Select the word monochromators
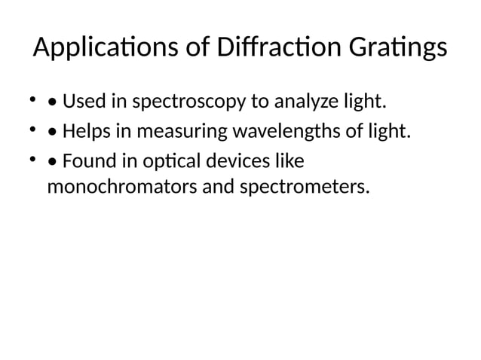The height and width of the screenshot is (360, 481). [121, 185]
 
